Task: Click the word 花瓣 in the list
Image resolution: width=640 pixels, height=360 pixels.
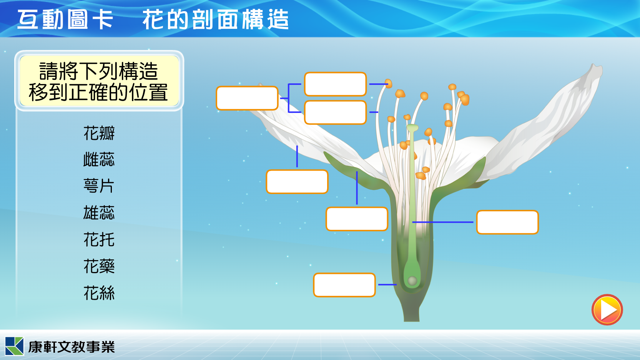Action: point(99,133)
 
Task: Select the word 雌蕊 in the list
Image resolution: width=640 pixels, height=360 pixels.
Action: point(99,159)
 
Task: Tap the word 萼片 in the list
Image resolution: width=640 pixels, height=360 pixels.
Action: point(99,186)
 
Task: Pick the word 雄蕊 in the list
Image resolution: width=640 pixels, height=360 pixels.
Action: point(99,212)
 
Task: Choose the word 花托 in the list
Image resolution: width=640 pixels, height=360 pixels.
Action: point(99,239)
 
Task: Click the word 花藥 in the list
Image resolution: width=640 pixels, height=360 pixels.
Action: point(99,266)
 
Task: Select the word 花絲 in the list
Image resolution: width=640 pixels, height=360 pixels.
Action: point(99,293)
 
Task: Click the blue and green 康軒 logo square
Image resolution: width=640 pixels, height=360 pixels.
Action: point(14,346)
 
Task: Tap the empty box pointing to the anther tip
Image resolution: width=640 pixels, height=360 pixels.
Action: point(335,84)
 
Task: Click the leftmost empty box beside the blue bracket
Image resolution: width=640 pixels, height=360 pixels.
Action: point(247,98)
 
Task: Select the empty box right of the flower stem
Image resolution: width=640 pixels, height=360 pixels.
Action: point(507,222)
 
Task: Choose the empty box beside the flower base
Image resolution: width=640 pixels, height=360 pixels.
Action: point(344,285)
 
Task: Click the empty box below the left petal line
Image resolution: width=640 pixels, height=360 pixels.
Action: point(297,182)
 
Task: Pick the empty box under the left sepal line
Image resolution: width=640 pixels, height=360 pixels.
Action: point(357,219)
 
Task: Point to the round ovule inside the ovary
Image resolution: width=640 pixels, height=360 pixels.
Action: point(412,281)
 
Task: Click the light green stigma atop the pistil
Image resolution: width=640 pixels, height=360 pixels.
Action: point(412,128)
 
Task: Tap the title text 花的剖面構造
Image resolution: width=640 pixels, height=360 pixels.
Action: point(216,20)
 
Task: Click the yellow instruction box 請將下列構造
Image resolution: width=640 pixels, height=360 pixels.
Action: point(99,81)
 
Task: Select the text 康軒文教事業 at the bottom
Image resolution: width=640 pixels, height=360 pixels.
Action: point(71,347)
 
